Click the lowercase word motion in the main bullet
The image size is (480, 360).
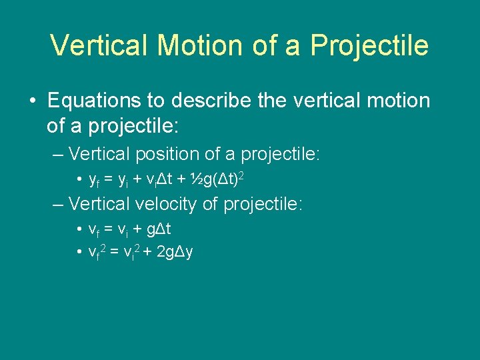(x=395, y=101)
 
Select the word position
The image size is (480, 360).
(x=167, y=155)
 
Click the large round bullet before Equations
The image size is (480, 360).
(x=33, y=101)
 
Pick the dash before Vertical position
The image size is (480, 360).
(x=59, y=155)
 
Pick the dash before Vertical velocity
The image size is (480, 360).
(x=59, y=204)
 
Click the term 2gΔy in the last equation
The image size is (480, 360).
(x=173, y=252)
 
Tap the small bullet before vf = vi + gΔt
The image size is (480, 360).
(x=79, y=230)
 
